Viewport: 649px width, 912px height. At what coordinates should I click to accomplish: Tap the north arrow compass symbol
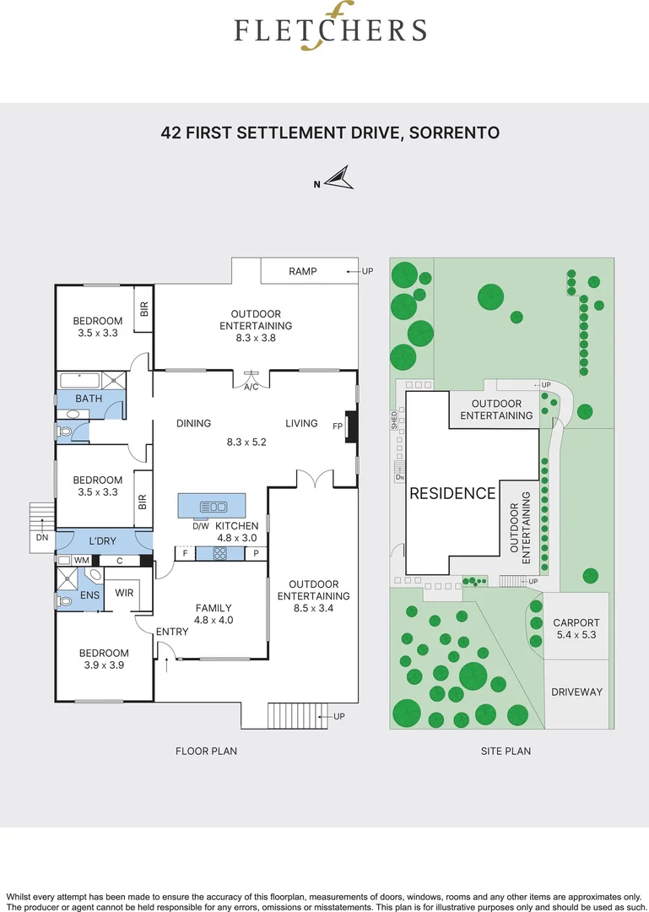(x=340, y=178)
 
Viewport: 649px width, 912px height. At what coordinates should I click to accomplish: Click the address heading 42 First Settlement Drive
(x=330, y=133)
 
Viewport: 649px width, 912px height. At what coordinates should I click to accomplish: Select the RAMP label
(x=302, y=271)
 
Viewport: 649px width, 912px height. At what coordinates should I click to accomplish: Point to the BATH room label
(x=89, y=399)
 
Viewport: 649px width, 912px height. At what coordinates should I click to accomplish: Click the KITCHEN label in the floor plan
(x=236, y=526)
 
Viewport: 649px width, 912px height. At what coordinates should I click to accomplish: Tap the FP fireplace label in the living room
(x=338, y=425)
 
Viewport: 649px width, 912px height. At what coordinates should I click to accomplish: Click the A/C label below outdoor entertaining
(x=251, y=388)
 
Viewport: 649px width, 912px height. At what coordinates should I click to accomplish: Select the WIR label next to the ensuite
(x=124, y=593)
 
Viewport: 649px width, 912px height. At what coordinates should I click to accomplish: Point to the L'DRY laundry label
(x=103, y=540)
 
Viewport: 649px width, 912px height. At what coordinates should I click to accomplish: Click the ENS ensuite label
(x=90, y=595)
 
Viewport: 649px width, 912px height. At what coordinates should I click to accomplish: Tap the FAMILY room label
(x=213, y=608)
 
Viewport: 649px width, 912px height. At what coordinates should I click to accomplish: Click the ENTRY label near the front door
(x=172, y=632)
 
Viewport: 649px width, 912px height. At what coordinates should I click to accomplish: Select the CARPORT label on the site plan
(x=576, y=623)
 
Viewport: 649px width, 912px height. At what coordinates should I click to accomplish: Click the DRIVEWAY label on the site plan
(x=577, y=692)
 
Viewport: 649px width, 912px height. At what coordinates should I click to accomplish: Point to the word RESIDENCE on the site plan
(x=452, y=494)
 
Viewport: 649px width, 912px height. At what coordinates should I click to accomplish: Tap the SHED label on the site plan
(x=393, y=421)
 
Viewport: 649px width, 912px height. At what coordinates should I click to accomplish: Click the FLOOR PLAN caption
(x=206, y=751)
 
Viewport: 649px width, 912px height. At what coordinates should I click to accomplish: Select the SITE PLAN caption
(x=506, y=751)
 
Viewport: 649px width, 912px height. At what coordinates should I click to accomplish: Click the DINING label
(x=193, y=423)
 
